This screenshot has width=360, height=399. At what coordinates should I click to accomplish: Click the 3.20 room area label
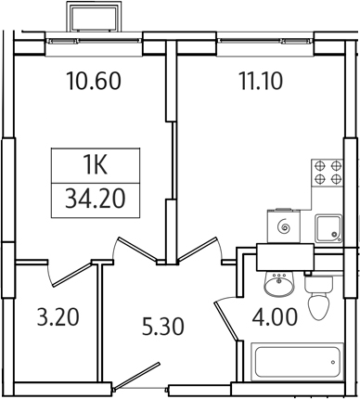pyautogui.click(x=55, y=318)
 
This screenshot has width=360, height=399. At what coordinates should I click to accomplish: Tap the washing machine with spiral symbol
pyautogui.click(x=282, y=225)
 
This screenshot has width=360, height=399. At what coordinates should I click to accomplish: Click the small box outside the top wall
pyautogui.click(x=93, y=19)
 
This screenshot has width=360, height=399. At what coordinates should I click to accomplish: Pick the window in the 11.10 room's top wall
pyautogui.click(x=263, y=42)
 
